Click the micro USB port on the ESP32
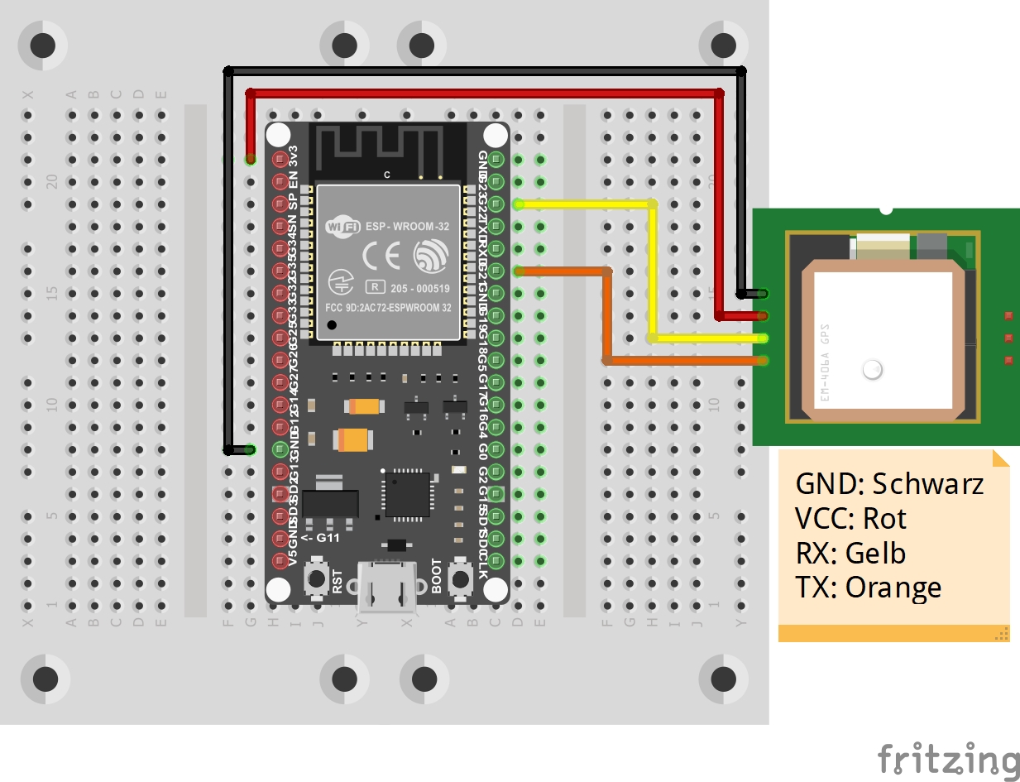coord(386,588)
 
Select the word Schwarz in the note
coord(928,483)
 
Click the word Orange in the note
coord(893,588)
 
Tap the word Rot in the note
coord(885,519)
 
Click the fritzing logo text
coord(948,760)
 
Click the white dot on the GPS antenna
coord(872,370)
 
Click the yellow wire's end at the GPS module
coord(761,338)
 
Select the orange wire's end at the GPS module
coord(761,360)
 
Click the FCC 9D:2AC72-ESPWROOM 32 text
coord(388,307)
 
